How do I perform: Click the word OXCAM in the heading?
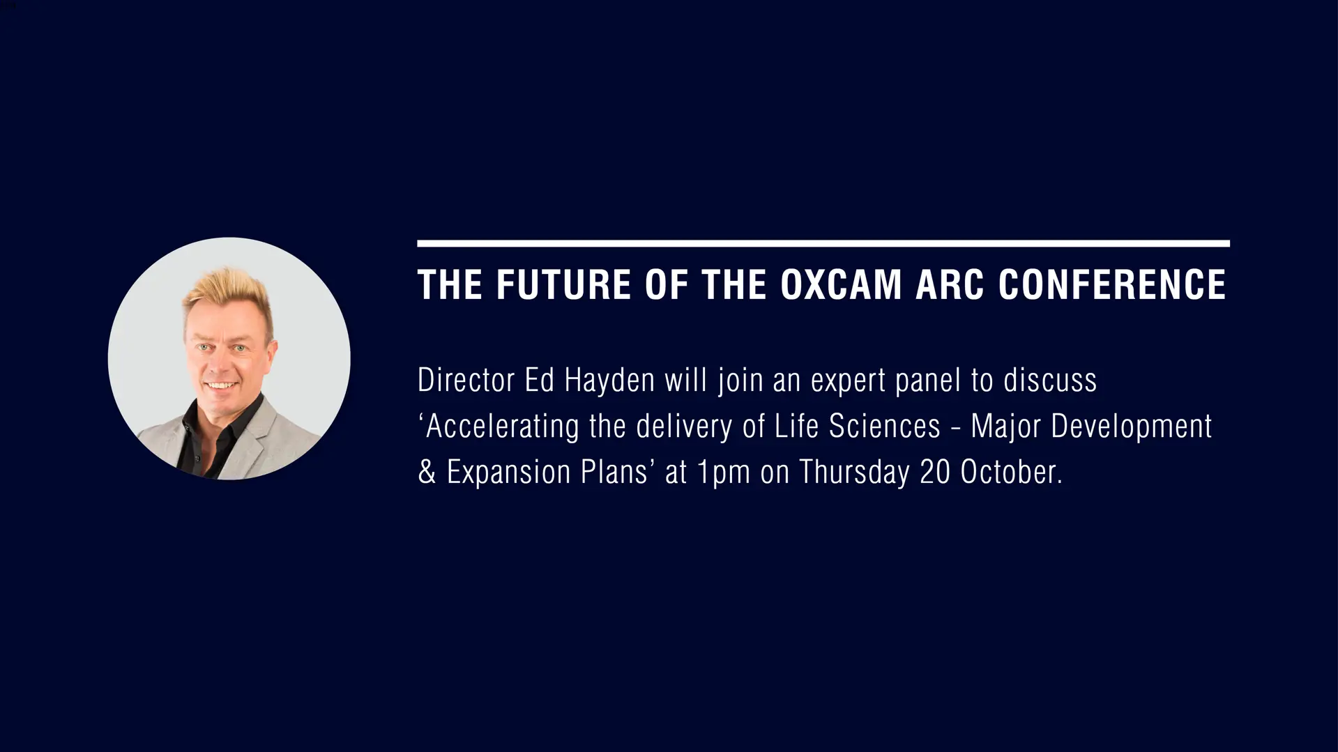[x=841, y=284]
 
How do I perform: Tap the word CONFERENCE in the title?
[x=1112, y=284]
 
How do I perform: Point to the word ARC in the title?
[x=950, y=284]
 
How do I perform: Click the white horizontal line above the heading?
[x=823, y=243]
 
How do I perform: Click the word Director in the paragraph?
[x=466, y=381]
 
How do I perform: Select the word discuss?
[x=1050, y=381]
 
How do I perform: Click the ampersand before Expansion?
[x=427, y=473]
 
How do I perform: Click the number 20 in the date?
[x=935, y=473]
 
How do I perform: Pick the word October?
[x=1011, y=473]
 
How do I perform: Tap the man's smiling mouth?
[x=220, y=385]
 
